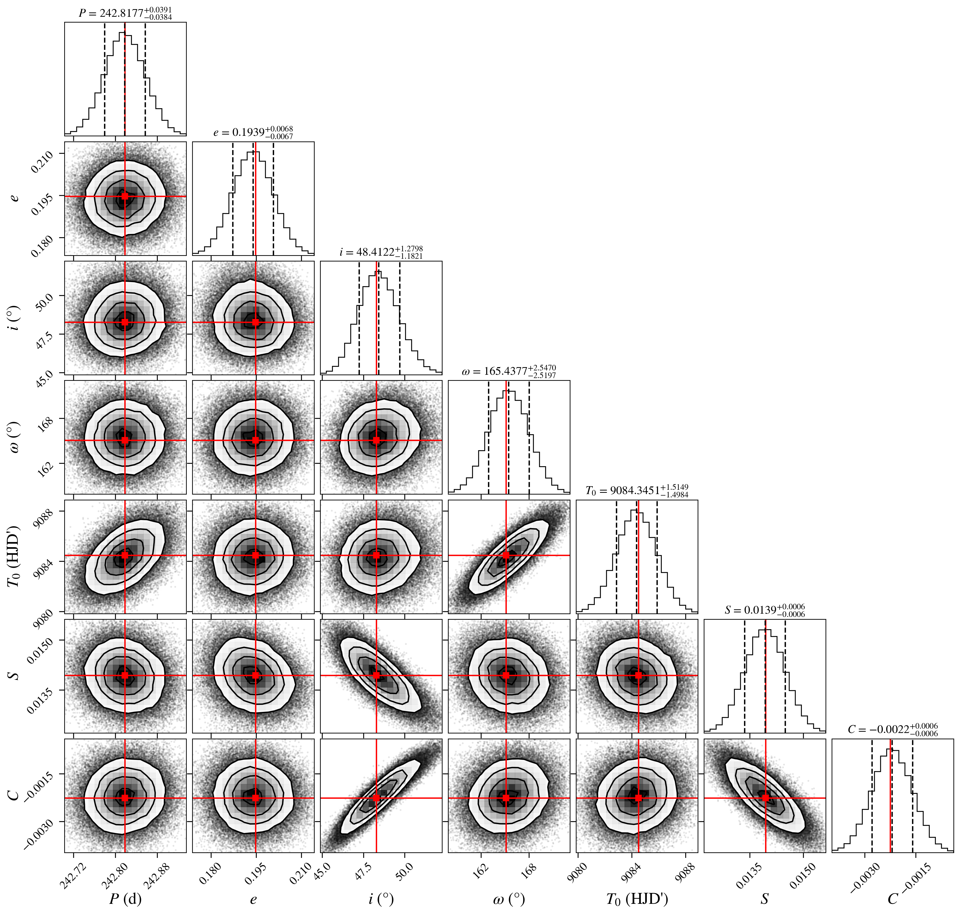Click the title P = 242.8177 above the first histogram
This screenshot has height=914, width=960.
point(125,13)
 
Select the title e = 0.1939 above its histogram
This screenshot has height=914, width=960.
point(253,133)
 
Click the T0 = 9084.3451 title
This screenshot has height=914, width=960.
point(637,491)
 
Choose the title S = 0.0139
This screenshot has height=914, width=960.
point(765,610)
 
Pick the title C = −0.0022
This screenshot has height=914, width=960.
point(893,729)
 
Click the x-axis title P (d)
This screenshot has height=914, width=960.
point(125,899)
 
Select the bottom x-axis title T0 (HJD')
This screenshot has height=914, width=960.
point(637,899)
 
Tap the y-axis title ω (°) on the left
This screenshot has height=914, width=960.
point(15,437)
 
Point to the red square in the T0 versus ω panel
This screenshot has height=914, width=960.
point(506,555)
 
